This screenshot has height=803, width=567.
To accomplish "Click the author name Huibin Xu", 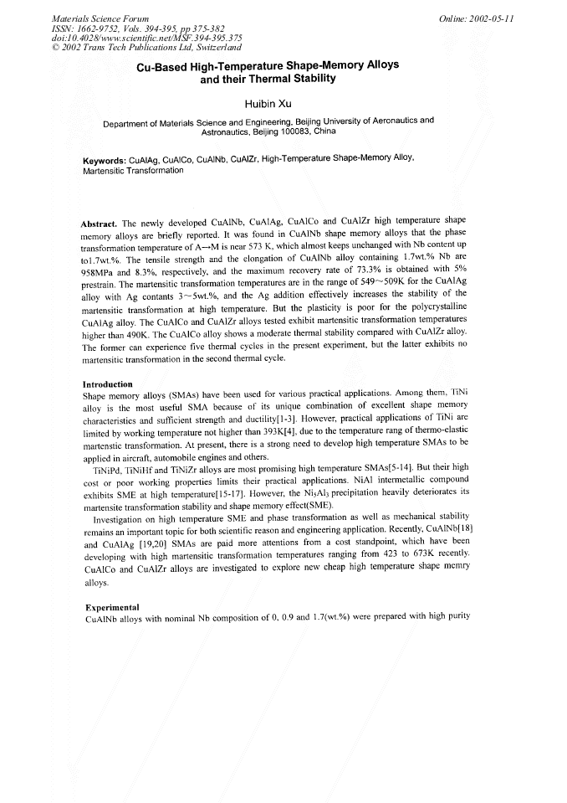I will (267, 103).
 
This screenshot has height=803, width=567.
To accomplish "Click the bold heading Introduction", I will (110, 384).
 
